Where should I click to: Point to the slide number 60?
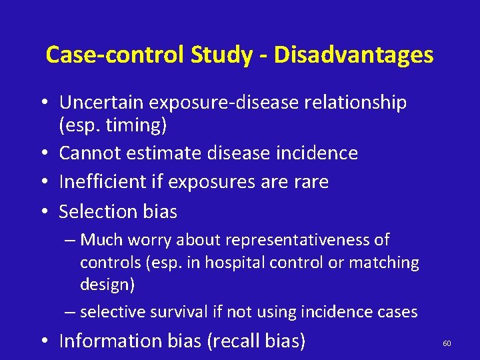(x=447, y=343)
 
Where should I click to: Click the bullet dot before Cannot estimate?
(x=44, y=153)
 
